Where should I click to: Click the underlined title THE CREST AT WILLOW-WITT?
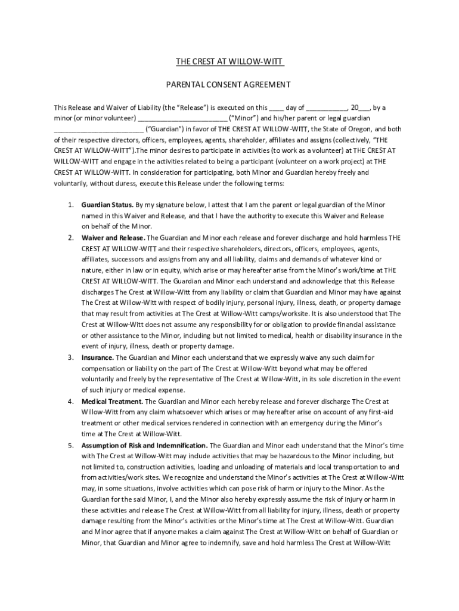[x=229, y=62]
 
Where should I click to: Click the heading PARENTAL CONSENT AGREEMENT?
[x=229, y=85]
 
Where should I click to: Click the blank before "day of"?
[x=277, y=109]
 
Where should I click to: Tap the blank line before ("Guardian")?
[x=99, y=129]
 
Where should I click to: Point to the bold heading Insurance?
[x=98, y=357]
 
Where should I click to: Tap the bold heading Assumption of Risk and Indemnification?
[x=145, y=445]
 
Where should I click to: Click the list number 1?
[x=70, y=205]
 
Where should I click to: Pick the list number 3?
[x=70, y=357]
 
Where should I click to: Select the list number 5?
[x=70, y=445]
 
